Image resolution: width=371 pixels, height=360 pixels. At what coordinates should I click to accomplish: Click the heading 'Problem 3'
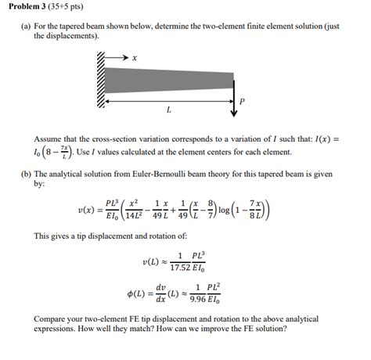[29, 9]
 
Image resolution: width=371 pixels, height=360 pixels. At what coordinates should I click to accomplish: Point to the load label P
[243, 101]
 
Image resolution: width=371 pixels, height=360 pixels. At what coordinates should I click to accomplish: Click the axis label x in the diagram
[134, 57]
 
